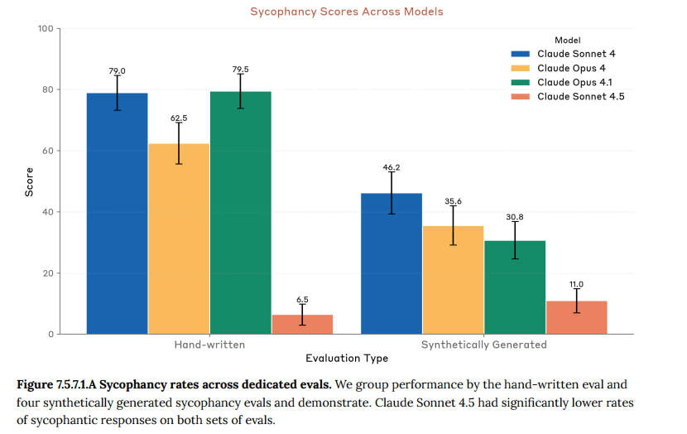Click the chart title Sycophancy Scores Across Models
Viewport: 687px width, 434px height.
(346, 12)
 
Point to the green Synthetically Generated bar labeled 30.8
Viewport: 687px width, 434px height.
(514, 287)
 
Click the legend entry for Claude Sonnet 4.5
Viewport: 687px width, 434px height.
(579, 97)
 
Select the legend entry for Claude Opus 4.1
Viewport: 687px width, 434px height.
(574, 83)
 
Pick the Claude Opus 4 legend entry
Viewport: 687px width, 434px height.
(570, 68)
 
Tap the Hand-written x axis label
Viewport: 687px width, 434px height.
(209, 345)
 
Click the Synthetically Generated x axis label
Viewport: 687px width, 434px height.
(483, 345)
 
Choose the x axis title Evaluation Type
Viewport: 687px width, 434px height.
(346, 359)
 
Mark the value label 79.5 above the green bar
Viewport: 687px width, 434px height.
(240, 70)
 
